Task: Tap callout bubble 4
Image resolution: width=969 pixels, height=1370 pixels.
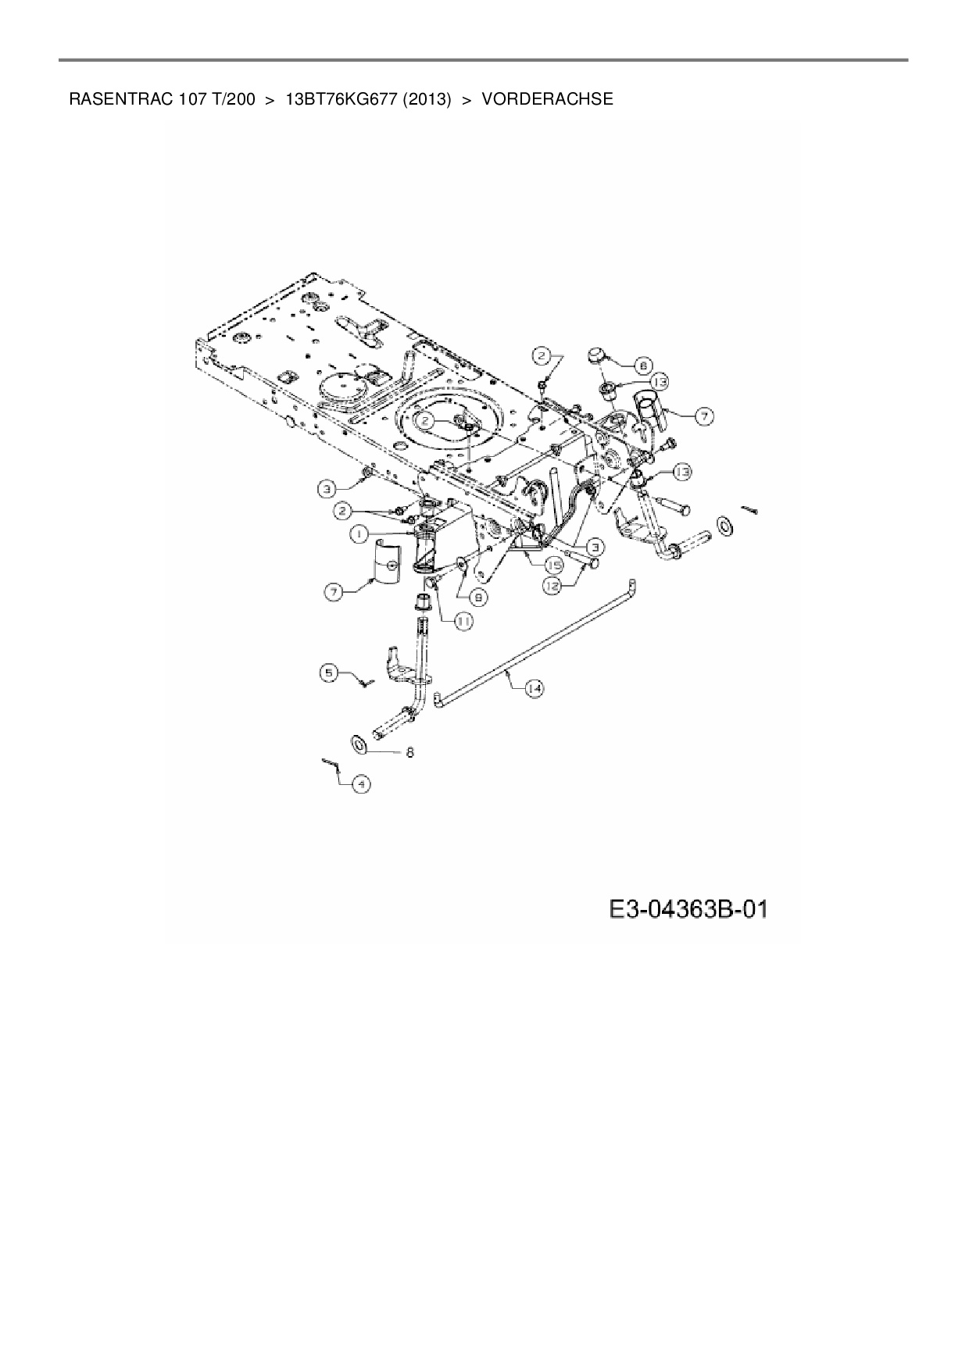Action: [x=360, y=783]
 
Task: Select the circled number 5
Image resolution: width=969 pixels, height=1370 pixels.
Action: [x=330, y=672]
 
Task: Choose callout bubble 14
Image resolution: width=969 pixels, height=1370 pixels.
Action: [x=534, y=688]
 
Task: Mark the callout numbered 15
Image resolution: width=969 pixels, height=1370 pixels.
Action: [x=554, y=563]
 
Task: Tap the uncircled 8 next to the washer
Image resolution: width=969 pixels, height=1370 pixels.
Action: [x=409, y=752]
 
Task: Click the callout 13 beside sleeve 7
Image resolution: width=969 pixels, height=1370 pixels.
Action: [x=660, y=381]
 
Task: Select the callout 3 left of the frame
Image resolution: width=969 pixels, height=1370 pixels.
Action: [x=328, y=489]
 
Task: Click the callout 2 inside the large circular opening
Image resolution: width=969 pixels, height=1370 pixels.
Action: [x=424, y=421]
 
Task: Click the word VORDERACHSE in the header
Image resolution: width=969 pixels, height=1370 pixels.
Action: [x=547, y=100]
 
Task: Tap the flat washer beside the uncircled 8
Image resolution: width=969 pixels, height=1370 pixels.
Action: [x=360, y=744]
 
